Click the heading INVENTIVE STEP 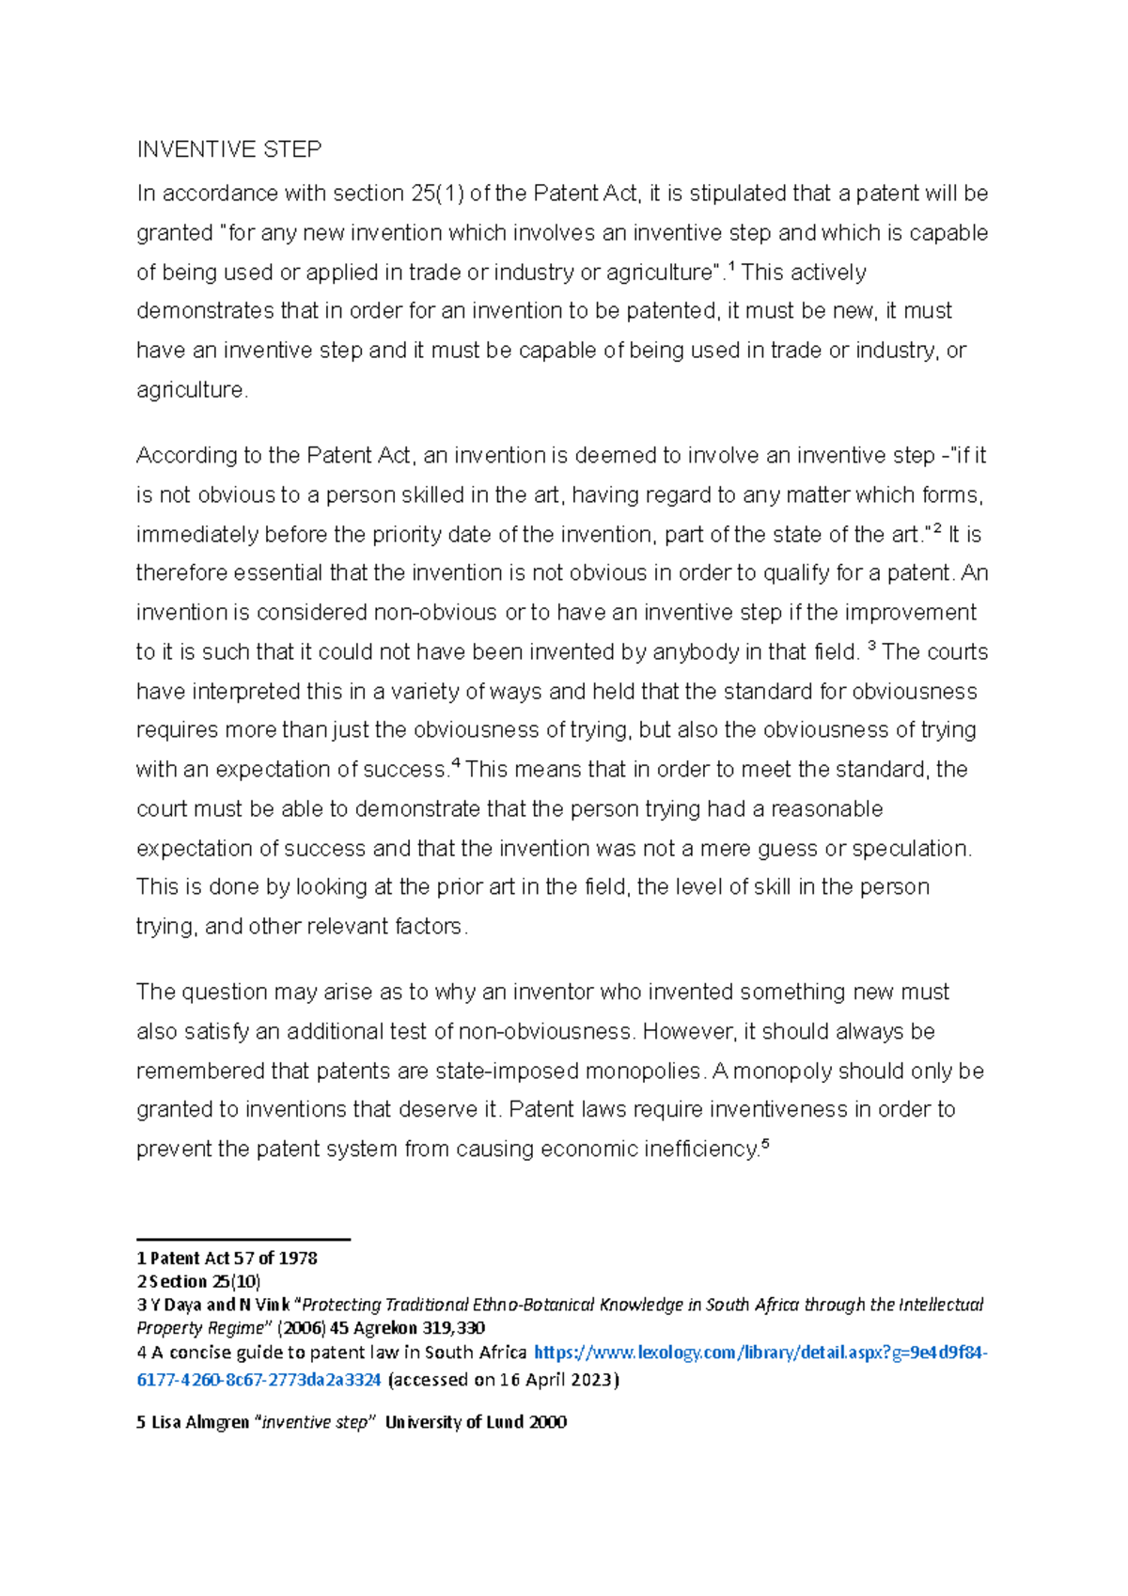[228, 149]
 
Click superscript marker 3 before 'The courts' [871, 647]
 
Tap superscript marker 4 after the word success [456, 764]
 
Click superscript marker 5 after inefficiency [764, 1144]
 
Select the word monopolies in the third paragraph [643, 1072]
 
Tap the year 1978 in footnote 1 [298, 1259]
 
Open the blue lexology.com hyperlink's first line [760, 1353]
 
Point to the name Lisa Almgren [200, 1422]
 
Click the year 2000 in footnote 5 [547, 1422]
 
